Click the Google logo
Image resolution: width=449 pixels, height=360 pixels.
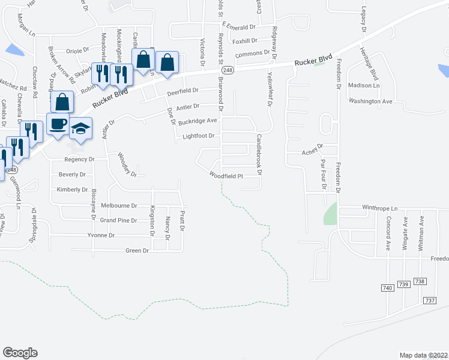[20, 353]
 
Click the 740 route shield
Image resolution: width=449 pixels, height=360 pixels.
[387, 288]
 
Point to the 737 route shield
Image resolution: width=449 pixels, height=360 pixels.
[429, 300]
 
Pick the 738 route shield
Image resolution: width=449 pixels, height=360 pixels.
[420, 282]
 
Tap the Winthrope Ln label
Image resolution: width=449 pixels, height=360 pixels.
[379, 208]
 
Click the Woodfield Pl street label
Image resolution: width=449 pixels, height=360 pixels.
[225, 176]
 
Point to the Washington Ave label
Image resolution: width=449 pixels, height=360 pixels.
[370, 101]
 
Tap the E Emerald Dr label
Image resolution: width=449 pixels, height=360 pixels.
[238, 26]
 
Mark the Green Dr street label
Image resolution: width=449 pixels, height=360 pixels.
[136, 250]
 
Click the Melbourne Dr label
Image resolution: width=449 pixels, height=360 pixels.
[119, 205]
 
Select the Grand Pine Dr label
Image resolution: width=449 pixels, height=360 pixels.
[116, 220]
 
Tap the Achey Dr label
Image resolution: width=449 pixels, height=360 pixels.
[312, 146]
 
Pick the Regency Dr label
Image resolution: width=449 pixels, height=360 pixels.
[80, 160]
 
